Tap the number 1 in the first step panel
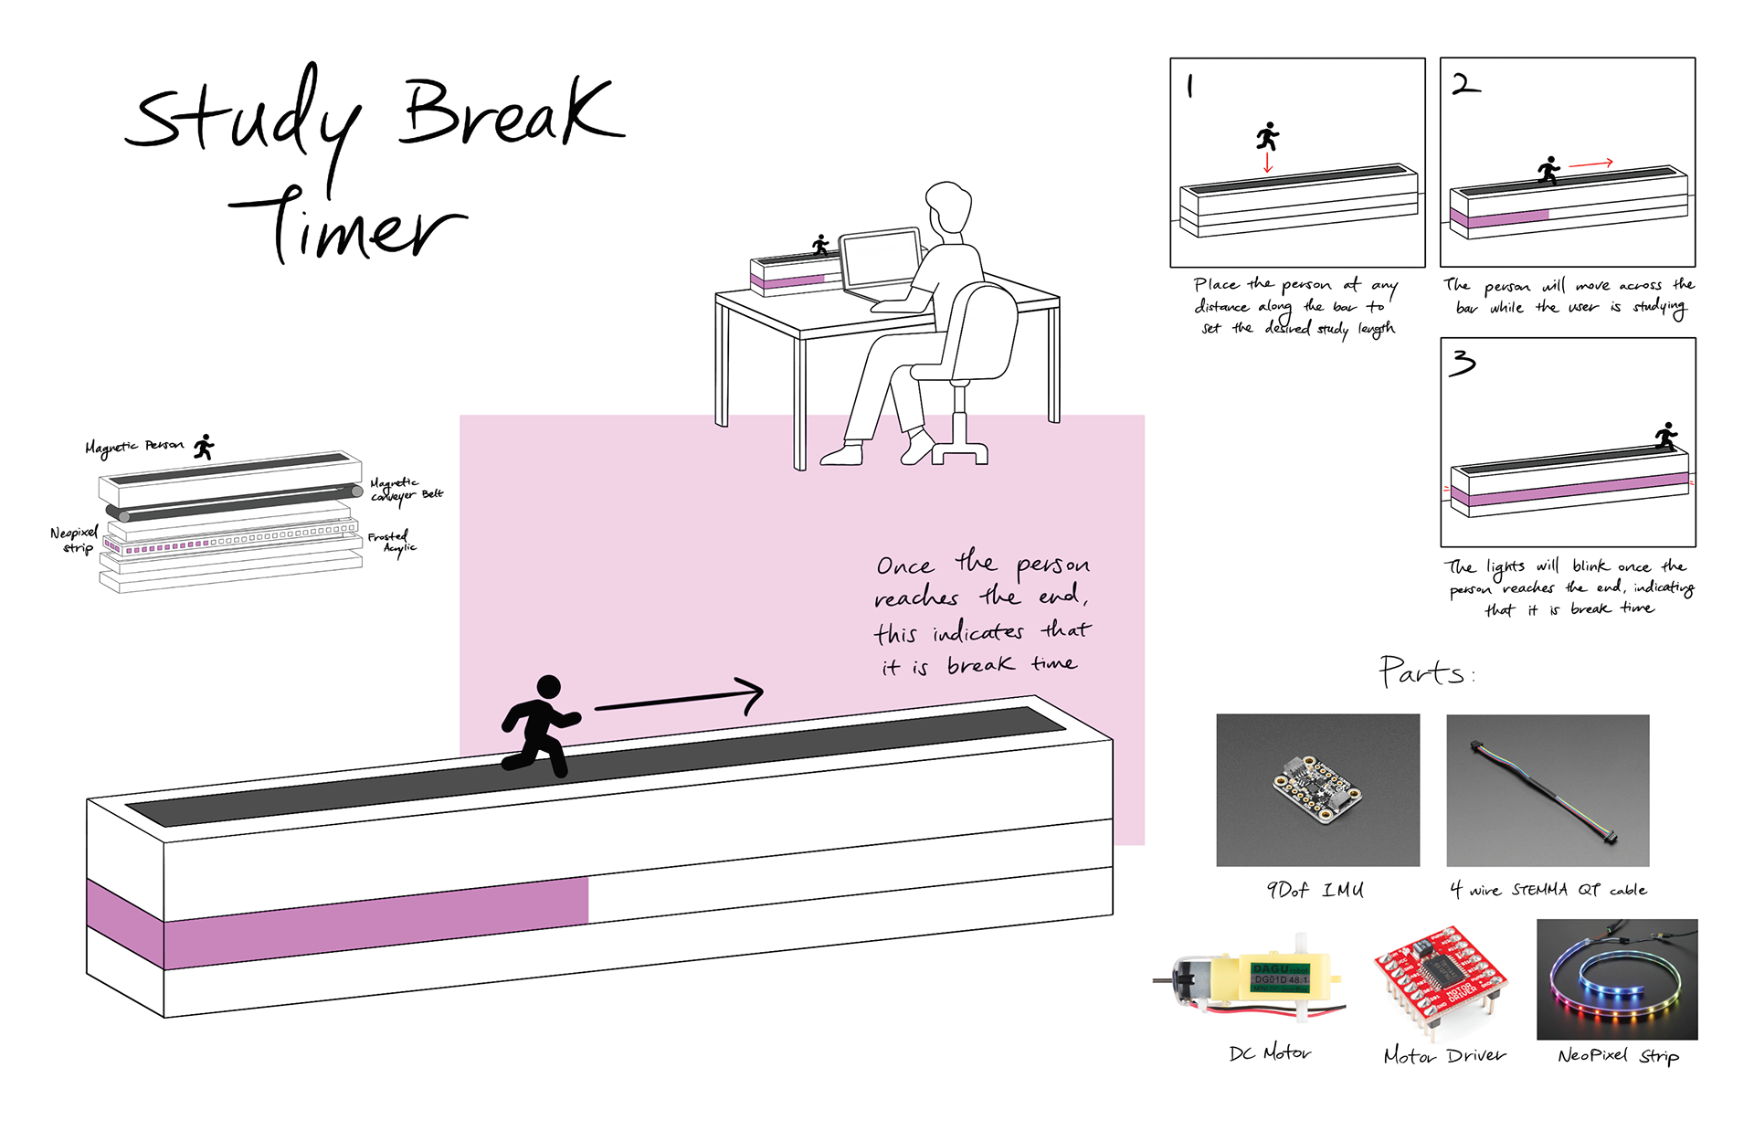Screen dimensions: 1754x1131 coord(1189,86)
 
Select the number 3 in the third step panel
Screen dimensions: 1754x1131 coord(1463,364)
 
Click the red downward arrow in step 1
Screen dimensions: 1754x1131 coord(1267,162)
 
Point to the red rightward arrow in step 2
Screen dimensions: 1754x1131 coord(1591,164)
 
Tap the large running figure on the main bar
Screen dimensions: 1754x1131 coord(540,725)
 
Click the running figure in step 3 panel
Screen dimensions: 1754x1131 coord(1666,436)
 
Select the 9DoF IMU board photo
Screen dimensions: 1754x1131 coord(1317,789)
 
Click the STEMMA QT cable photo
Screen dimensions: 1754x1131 coord(1548,789)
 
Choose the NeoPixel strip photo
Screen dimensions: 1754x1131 coord(1617,979)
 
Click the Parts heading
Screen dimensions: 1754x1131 coord(1423,672)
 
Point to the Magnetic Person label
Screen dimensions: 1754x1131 coord(134,446)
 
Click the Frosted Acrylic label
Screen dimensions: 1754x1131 coord(391,542)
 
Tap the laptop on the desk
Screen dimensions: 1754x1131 coord(880,262)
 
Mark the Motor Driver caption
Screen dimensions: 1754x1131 coord(1444,1055)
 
